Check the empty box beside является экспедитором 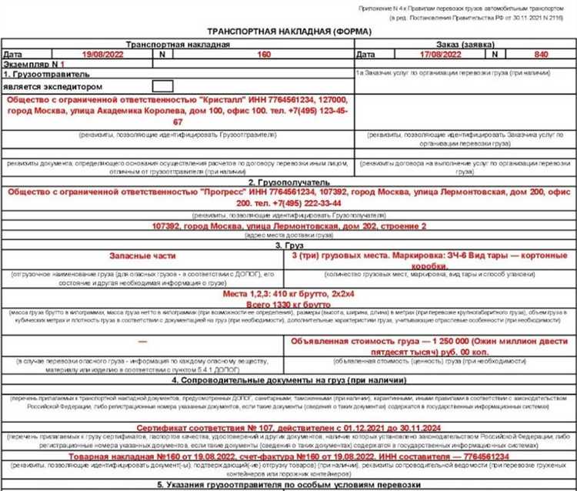coord(162,86)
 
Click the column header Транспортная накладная coord(177,45)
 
